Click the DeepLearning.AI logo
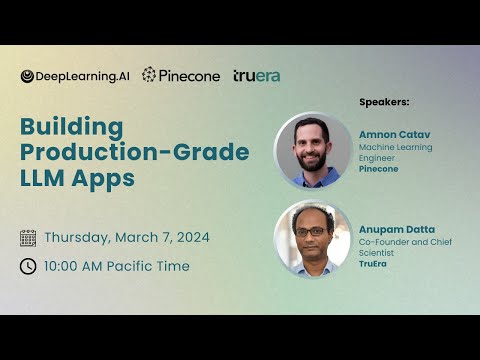click(75, 76)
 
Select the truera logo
click(256, 76)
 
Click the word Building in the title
click(72, 128)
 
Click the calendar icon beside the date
click(28, 238)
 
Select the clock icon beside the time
click(28, 266)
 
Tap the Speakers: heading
click(384, 102)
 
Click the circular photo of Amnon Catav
click(312, 150)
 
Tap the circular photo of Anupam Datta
click(312, 240)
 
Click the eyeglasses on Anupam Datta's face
click(313, 231)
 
